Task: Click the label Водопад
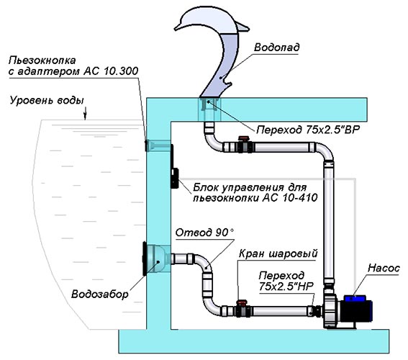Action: [276, 48]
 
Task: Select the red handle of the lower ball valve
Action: [242, 302]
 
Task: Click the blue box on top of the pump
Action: [355, 298]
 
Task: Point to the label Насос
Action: [384, 268]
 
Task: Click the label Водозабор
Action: [99, 294]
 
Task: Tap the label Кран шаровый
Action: [278, 253]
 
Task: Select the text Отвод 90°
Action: [204, 233]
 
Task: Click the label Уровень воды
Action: [47, 100]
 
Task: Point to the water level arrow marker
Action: [85, 114]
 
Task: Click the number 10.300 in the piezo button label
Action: [121, 71]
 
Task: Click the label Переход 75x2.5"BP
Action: [308, 130]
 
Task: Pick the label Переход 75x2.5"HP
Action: [286, 281]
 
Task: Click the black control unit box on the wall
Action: [173, 166]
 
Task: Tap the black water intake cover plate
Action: [145, 258]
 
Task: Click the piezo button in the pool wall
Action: [146, 145]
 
